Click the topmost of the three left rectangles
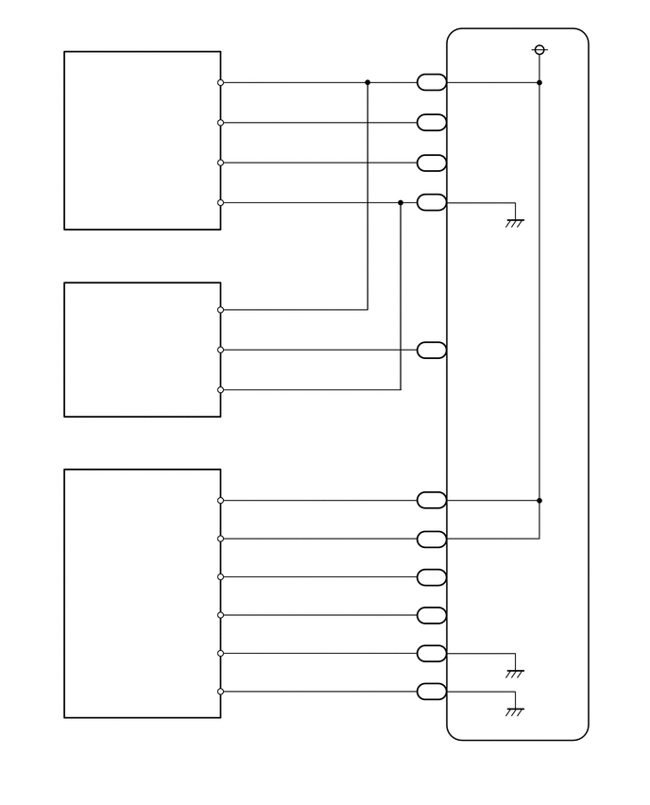pyautogui.click(x=142, y=140)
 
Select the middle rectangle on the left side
pyautogui.click(x=142, y=349)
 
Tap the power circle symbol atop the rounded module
pyautogui.click(x=539, y=49)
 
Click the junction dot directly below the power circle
pyautogui.click(x=539, y=82)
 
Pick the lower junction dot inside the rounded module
pyautogui.click(x=539, y=500)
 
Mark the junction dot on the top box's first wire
pyautogui.click(x=368, y=82)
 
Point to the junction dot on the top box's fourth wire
pyautogui.click(x=401, y=202)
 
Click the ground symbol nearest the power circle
pyautogui.click(x=515, y=223)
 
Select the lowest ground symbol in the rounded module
pyautogui.click(x=515, y=711)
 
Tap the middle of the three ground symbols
pyautogui.click(x=515, y=674)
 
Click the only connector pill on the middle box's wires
pyautogui.click(x=432, y=351)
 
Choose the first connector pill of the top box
pyautogui.click(x=432, y=82)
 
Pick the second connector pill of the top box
pyautogui.click(x=432, y=122)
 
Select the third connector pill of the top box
pyautogui.click(x=432, y=163)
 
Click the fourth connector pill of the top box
pyautogui.click(x=432, y=202)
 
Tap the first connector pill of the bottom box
pyautogui.click(x=432, y=500)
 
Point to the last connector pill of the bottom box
pyautogui.click(x=432, y=692)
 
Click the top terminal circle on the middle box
pyautogui.click(x=221, y=309)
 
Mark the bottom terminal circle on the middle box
pyautogui.click(x=221, y=389)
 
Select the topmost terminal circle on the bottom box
pyautogui.click(x=221, y=500)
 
